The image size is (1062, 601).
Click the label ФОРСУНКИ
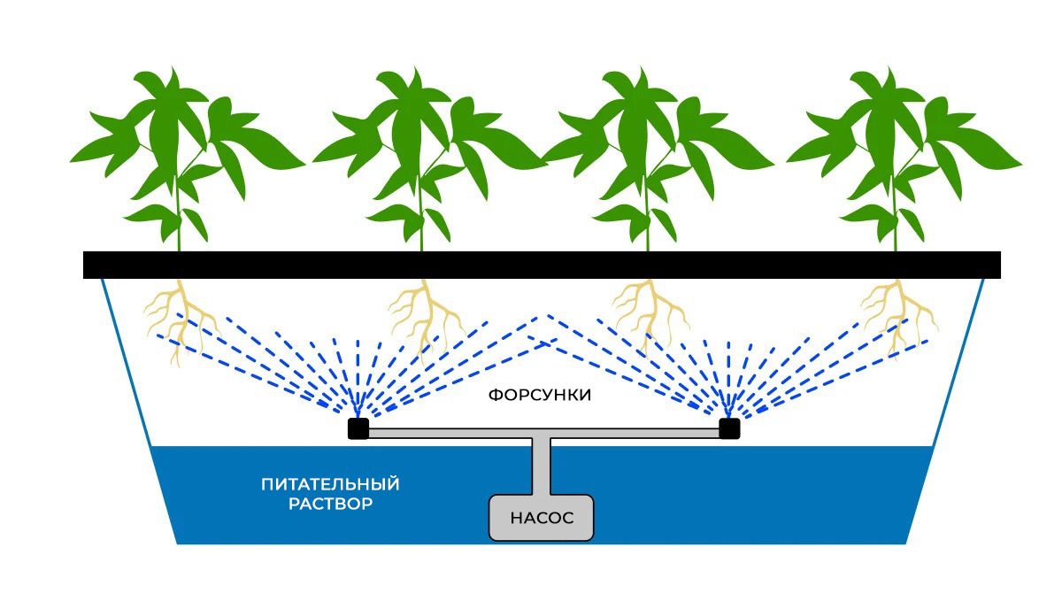tap(539, 396)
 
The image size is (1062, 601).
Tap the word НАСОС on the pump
tap(542, 518)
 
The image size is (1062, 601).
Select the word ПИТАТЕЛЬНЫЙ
tap(330, 484)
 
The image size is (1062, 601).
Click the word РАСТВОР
tap(330, 505)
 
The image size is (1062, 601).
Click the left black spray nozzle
tap(358, 429)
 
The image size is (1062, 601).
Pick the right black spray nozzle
tap(729, 429)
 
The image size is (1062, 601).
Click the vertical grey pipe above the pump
tap(542, 465)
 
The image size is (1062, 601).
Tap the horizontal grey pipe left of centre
tap(442, 434)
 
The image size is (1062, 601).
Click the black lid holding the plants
tap(542, 265)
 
